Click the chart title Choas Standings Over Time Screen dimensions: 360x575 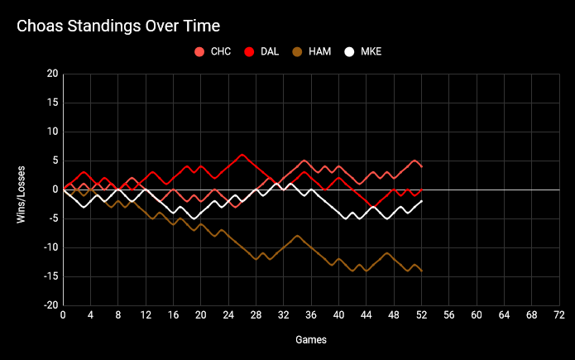(118, 27)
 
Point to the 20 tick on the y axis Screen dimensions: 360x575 (52, 74)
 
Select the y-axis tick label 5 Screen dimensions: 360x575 (55, 161)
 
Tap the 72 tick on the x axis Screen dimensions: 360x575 (559, 315)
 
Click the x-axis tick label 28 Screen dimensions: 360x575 (256, 315)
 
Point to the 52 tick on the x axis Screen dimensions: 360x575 (422, 315)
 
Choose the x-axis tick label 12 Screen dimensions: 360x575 (146, 315)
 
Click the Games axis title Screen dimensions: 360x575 (311, 339)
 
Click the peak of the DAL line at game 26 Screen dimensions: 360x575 (242, 155)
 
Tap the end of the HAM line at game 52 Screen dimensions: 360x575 (422, 271)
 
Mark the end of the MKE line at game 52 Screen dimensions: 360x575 (422, 201)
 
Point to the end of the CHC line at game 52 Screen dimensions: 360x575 (422, 166)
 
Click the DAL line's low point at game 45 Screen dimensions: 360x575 (373, 207)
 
